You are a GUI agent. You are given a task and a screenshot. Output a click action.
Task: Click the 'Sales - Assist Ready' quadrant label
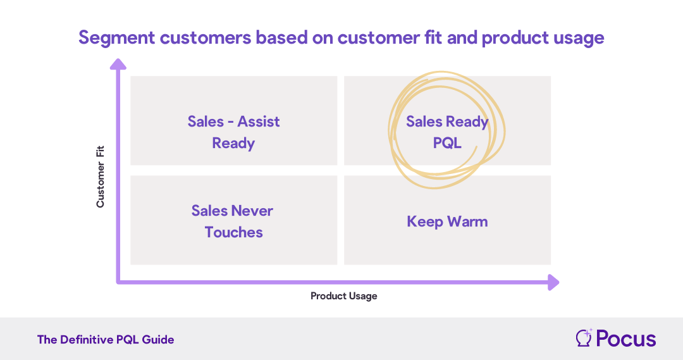[x=233, y=132]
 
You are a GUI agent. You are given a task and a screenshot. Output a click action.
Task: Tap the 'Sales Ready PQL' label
[x=447, y=132]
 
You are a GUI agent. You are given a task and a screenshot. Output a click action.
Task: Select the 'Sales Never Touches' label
[x=233, y=221]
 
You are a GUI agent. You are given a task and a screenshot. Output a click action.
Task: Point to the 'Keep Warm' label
[x=447, y=221]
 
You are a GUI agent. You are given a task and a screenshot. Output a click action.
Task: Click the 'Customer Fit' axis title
[x=101, y=177]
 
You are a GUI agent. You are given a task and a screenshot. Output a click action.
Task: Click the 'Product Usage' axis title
[x=343, y=296]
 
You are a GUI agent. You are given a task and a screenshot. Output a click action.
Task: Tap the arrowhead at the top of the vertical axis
[x=118, y=64]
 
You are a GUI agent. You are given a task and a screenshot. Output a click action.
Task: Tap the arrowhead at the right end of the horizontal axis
[x=553, y=282]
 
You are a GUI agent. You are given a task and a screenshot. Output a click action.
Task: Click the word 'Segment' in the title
[x=116, y=38]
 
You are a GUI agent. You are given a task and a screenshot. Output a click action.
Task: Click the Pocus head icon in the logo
[x=584, y=338]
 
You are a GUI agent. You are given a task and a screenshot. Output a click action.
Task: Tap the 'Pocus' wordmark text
[x=626, y=338]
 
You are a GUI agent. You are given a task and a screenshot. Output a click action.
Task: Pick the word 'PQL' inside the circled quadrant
[x=447, y=143]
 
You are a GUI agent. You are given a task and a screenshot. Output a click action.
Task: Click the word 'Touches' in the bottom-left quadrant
[x=233, y=232]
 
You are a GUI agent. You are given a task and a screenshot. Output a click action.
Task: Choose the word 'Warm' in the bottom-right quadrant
[x=467, y=221]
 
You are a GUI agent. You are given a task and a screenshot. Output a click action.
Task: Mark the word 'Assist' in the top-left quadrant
[x=258, y=121]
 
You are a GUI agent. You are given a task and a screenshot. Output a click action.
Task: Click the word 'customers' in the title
[x=206, y=38]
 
